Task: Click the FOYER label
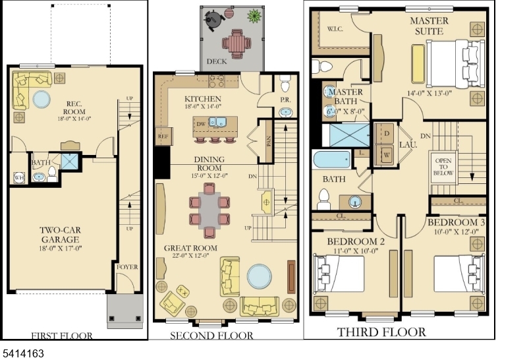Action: click(x=126, y=267)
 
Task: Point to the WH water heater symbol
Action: click(x=18, y=177)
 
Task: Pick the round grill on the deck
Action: click(x=215, y=20)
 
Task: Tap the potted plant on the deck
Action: click(x=253, y=15)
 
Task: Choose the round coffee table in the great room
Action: click(x=258, y=277)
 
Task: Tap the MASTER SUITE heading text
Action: click(x=429, y=26)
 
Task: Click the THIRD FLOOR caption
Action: click(x=381, y=332)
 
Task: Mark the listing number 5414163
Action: click(x=23, y=353)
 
